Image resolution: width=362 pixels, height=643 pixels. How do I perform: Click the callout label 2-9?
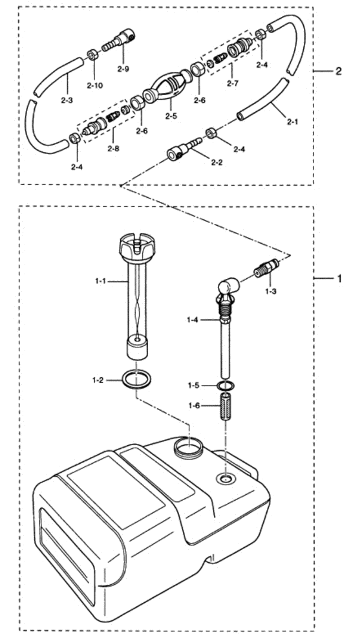[x=122, y=68]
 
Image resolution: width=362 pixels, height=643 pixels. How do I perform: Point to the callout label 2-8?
[x=113, y=148]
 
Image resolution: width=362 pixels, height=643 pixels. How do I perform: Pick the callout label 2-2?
[x=217, y=162]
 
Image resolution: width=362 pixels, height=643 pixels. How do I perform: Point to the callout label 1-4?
[x=193, y=320]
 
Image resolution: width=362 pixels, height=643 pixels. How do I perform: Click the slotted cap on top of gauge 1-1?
[x=137, y=247]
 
